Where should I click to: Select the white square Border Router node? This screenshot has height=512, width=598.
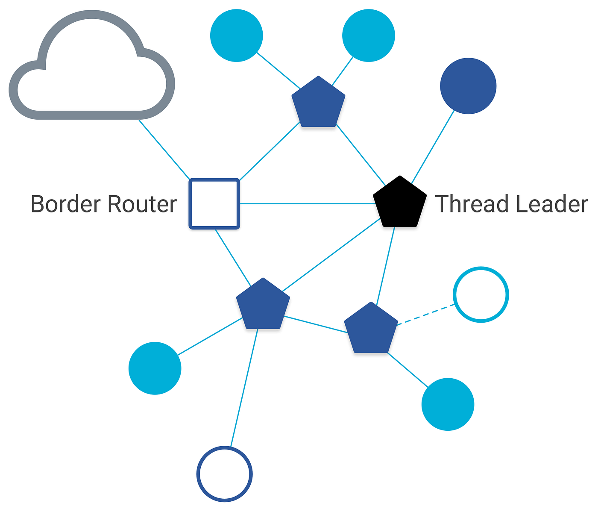(x=214, y=203)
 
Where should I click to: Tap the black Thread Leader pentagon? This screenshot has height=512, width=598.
(x=399, y=203)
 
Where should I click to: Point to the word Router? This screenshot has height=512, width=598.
(x=142, y=204)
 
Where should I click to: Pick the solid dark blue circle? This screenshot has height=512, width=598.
(x=468, y=86)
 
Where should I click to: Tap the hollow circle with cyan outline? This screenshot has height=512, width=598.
(x=481, y=294)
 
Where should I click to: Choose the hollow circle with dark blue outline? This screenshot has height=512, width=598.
(x=225, y=474)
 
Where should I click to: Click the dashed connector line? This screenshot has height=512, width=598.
(x=426, y=315)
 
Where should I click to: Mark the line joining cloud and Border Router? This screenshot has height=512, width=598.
(x=164, y=150)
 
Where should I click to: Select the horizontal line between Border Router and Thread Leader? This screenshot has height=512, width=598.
(x=308, y=204)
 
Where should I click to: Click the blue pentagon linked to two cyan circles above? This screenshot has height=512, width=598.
(x=318, y=103)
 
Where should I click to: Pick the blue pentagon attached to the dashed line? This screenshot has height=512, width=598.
(x=371, y=330)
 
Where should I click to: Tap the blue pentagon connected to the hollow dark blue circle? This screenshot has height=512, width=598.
(x=263, y=305)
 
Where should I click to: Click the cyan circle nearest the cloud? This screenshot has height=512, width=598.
(x=237, y=35)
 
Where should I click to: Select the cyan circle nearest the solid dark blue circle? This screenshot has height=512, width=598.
(x=369, y=35)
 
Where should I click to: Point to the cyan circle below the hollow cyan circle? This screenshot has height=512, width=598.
(x=448, y=404)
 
